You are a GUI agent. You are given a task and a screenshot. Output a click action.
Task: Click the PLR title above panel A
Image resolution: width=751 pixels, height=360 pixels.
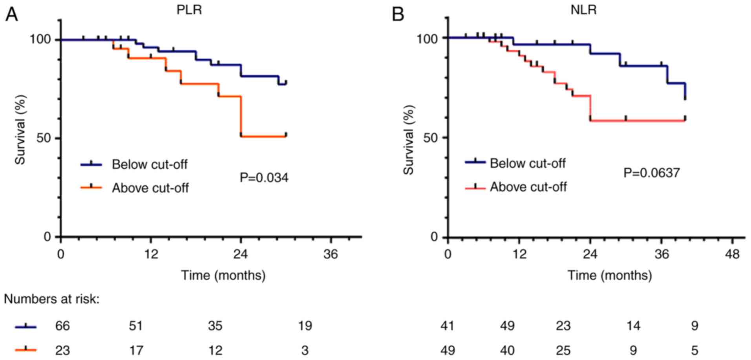pos(189,9)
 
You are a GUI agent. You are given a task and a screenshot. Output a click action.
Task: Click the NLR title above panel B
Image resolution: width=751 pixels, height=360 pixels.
pos(583,9)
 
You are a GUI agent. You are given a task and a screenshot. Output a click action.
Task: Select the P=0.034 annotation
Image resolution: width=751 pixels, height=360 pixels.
pos(264,178)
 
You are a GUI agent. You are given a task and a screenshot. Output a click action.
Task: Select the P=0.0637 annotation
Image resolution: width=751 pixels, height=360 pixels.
pos(652,173)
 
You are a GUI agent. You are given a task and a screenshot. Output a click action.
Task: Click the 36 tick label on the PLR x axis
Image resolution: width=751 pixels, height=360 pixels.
pos(331,254)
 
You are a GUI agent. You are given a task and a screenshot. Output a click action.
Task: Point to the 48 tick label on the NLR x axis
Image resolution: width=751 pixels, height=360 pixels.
pos(732,254)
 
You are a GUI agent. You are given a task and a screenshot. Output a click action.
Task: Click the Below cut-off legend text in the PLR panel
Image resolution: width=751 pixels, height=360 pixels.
pos(150,164)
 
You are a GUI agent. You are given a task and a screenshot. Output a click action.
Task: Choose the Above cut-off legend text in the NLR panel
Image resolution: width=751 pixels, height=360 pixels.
pos(528,187)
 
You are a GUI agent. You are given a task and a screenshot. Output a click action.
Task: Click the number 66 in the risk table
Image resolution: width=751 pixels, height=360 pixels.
pos(62,326)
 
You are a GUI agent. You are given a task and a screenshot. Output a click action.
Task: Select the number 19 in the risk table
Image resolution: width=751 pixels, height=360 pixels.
pos(305,326)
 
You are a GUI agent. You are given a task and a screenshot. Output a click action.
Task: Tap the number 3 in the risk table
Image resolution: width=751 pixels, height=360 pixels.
pos(305,350)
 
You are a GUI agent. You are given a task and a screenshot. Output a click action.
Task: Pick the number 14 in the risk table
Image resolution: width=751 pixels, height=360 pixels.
pos(633,326)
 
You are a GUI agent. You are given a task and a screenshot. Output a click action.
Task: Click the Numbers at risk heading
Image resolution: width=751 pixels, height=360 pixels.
pos(51,300)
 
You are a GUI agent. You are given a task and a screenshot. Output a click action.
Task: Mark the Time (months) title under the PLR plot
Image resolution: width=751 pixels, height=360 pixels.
pos(223,275)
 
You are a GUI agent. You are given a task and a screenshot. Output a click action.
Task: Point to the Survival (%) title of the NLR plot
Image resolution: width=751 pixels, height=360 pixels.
pos(409,140)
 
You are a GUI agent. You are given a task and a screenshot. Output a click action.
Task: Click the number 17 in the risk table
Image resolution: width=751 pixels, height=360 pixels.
pos(136,350)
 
